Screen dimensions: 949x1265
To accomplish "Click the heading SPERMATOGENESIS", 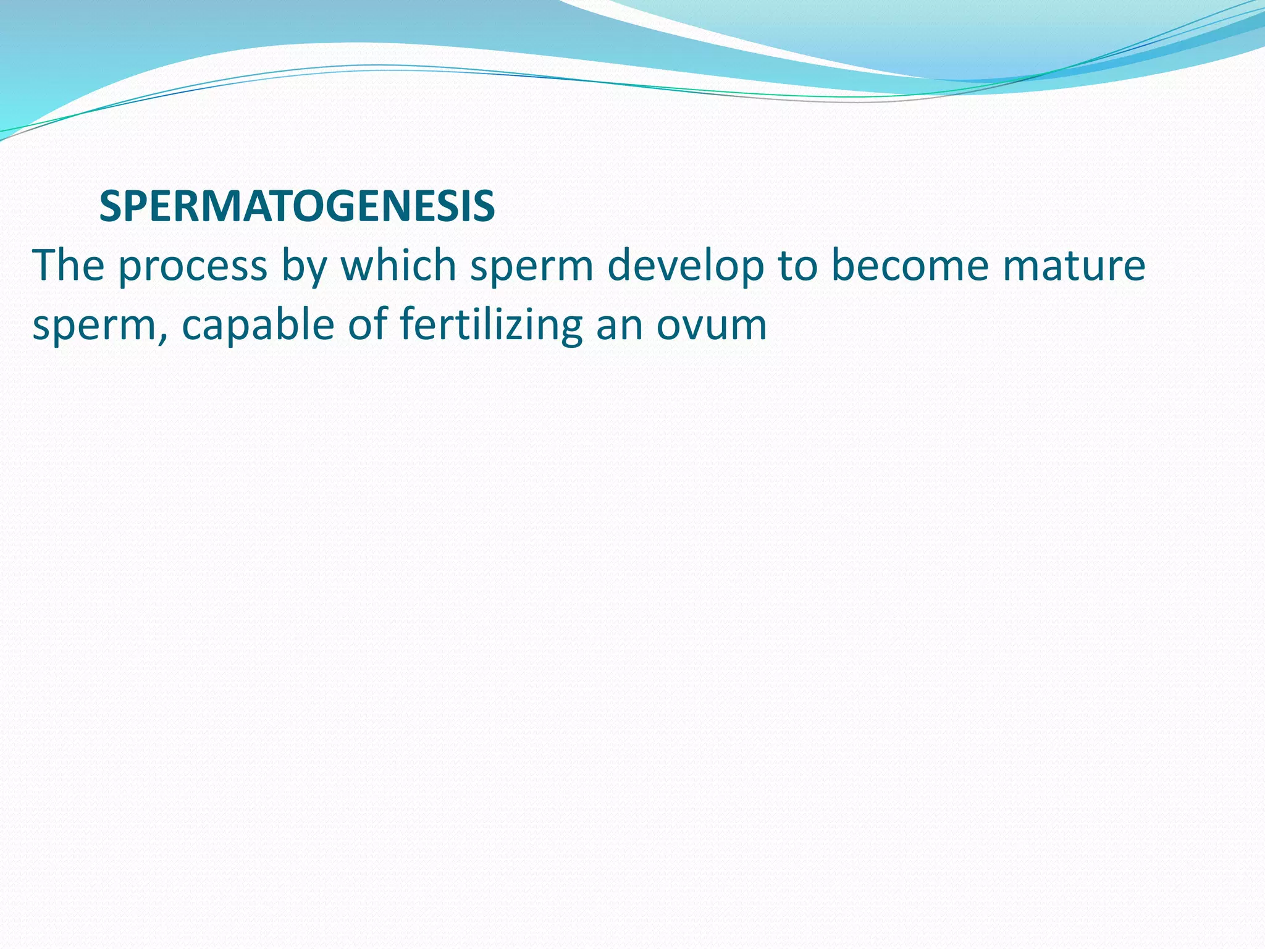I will tap(296, 207).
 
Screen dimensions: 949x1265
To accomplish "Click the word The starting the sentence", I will tap(68, 266).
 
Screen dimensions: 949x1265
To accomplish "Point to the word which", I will tap(398, 266).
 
